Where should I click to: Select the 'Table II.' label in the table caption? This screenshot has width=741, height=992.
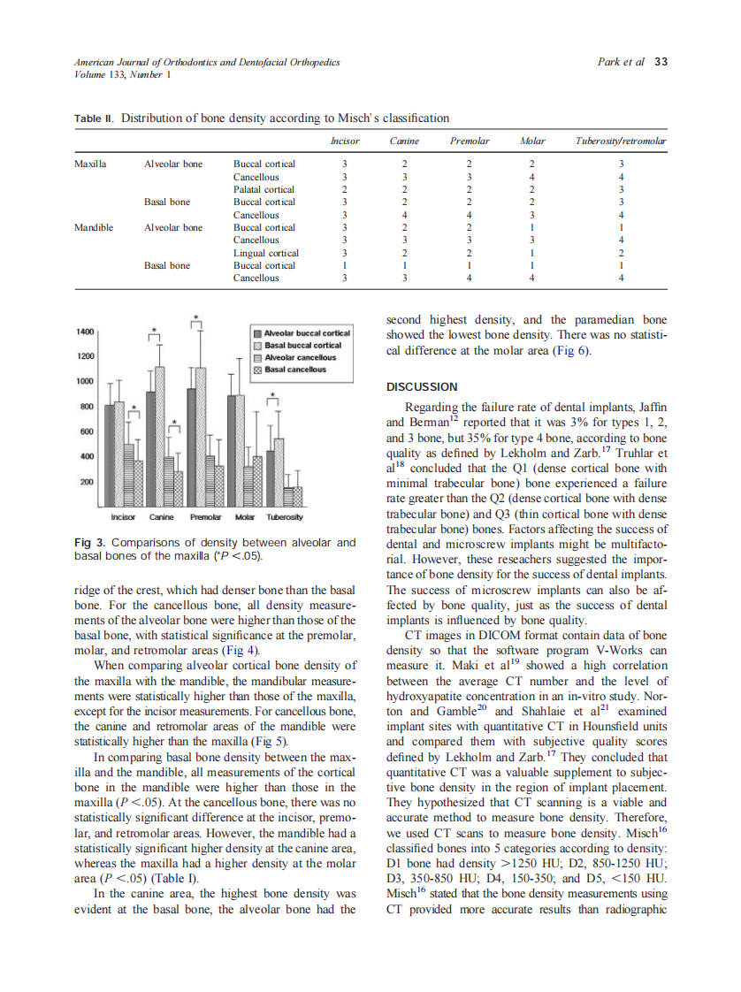click(x=94, y=118)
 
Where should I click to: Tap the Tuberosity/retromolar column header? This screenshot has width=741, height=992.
click(x=621, y=141)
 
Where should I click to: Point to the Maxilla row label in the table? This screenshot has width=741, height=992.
click(x=91, y=164)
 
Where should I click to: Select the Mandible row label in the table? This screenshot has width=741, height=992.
click(x=94, y=227)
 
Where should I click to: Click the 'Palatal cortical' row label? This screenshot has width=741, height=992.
click(x=264, y=189)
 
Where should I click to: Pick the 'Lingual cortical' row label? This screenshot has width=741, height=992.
click(x=265, y=253)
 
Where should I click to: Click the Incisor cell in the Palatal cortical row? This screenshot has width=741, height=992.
click(x=345, y=189)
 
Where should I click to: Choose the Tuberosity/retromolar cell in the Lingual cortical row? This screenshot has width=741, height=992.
click(x=622, y=253)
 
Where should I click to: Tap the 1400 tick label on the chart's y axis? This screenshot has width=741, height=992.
click(x=85, y=331)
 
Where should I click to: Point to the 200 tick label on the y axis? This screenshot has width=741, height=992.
click(x=88, y=483)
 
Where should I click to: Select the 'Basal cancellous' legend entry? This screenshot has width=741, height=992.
click(x=295, y=370)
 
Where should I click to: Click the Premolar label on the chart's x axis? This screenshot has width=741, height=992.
click(x=205, y=516)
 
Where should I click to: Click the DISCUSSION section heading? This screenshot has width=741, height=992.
click(x=422, y=387)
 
